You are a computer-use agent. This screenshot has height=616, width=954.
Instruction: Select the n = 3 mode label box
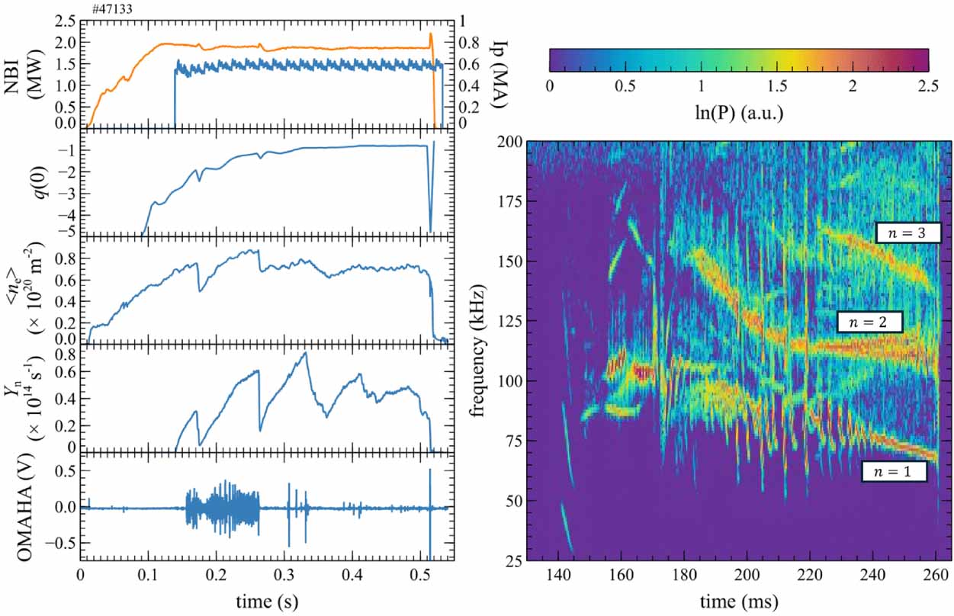[x=907, y=233]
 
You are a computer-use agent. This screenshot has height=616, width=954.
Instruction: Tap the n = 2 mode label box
[x=869, y=322]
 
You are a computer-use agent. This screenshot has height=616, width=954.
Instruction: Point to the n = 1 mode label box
[x=895, y=472]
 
